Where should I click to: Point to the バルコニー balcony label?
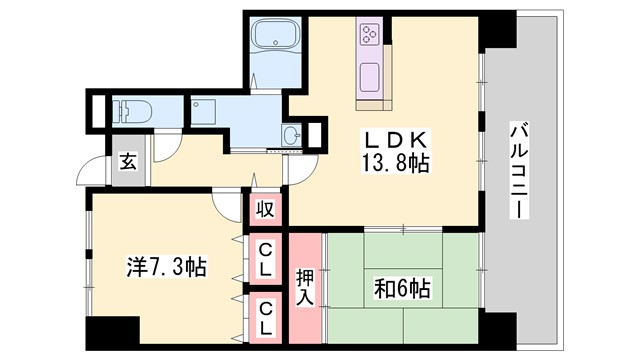pos(519,171)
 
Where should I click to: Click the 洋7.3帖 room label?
pos(166,267)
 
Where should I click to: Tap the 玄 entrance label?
pos(129,161)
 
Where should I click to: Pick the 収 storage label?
pos(265,210)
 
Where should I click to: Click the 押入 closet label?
pos(305,285)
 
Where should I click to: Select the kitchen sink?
pos(368,75)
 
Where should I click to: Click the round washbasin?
pos(292,135)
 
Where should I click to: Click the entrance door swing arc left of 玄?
pos(96,168)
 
